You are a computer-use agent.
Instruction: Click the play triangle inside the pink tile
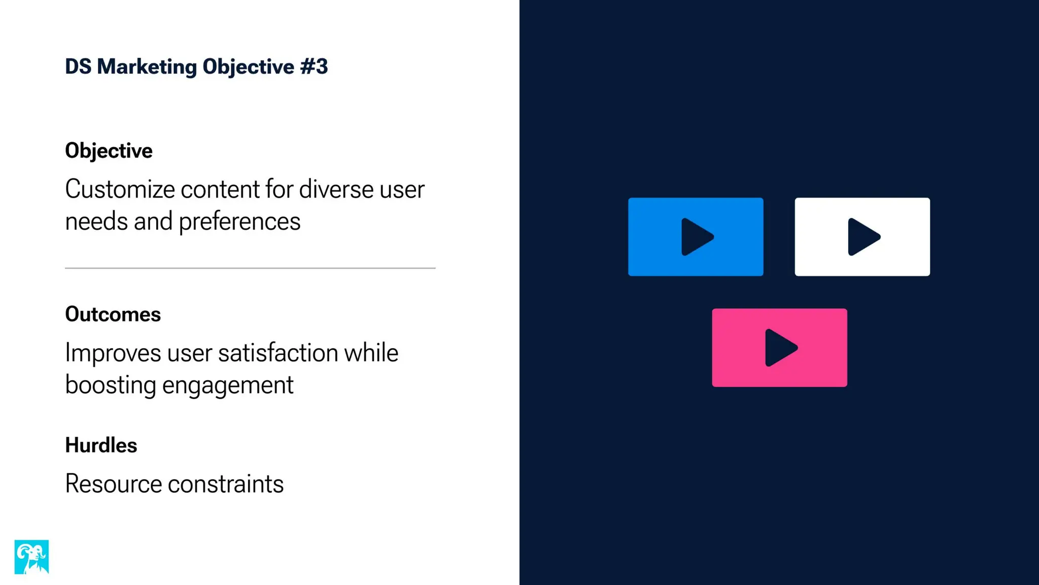coord(780,348)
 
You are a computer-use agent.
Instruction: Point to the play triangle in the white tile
coord(863,237)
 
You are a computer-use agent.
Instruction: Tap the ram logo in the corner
coord(31,557)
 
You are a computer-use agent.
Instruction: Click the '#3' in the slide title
coord(314,67)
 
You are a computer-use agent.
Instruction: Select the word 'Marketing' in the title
coord(147,67)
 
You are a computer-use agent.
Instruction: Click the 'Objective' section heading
coord(109,151)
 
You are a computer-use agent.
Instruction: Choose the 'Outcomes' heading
coord(113,314)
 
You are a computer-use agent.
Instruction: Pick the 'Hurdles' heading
coord(101,445)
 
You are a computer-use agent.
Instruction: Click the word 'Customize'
coord(120,189)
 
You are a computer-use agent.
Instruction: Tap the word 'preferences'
coord(239,222)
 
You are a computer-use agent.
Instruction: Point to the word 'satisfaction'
coord(278,353)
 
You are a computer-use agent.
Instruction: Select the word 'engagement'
coord(228,385)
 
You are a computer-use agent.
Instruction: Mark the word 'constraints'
coord(226,483)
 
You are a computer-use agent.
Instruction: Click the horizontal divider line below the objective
coord(250,268)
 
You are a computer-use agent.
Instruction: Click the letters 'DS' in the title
coord(78,67)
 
